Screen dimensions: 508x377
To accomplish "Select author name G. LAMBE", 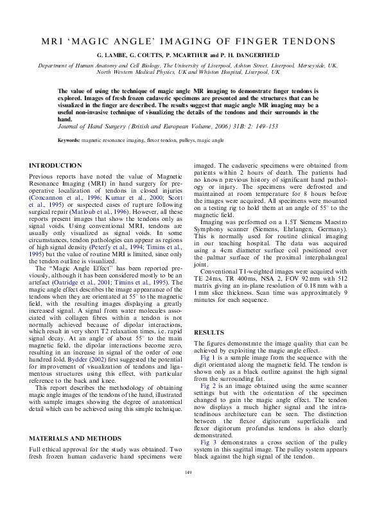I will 112,56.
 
